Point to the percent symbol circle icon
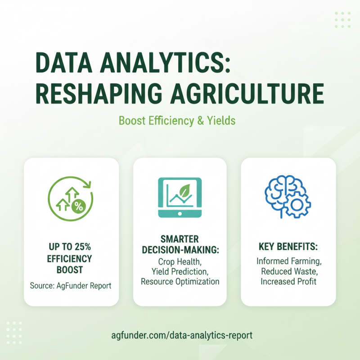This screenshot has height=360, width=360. point(79,207)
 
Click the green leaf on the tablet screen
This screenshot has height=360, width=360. point(182,190)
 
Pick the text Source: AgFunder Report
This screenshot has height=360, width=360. point(71,286)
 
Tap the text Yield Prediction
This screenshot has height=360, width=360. point(180,271)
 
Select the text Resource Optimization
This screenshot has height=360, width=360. point(180,282)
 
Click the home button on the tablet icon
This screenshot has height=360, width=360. point(180,213)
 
